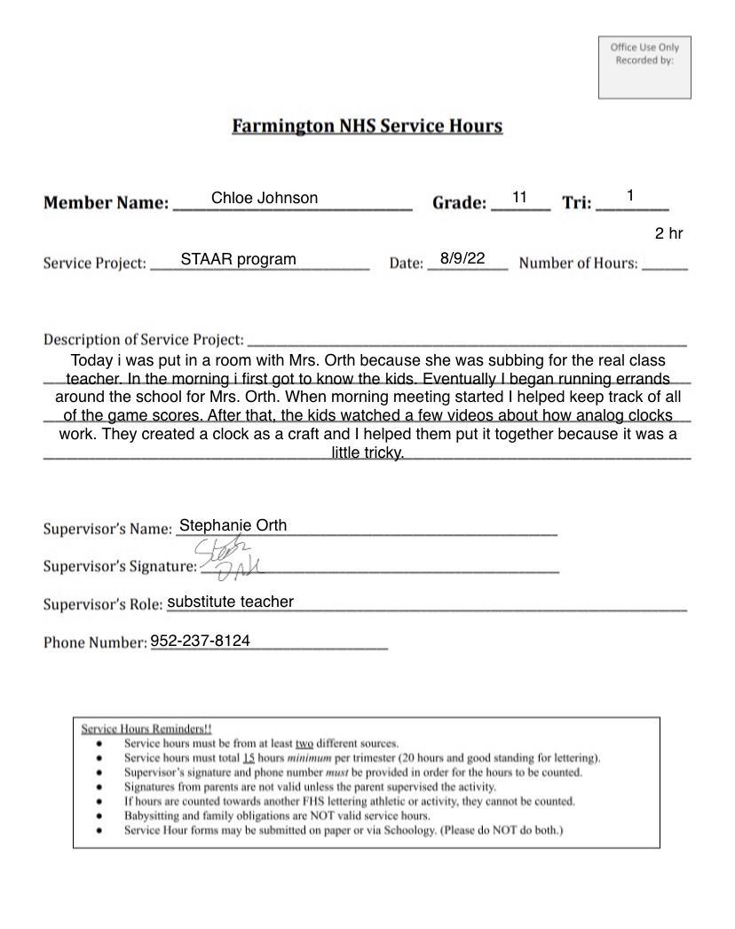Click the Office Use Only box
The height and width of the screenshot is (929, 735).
coord(644,67)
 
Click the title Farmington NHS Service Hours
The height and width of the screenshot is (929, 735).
coord(367,126)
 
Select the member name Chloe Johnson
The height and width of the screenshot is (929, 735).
coord(265,198)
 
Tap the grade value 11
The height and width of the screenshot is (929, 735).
coord(520,197)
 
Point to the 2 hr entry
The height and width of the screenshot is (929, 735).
coord(668,233)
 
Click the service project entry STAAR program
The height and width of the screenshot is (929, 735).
coord(238,259)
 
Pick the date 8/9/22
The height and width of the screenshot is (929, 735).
coord(462,258)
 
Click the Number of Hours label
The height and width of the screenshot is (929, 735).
coord(578,264)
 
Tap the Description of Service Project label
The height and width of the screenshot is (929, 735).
coord(143,340)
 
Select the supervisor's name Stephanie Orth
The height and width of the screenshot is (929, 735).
coord(233,525)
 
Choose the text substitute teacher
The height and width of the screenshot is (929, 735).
coord(230,602)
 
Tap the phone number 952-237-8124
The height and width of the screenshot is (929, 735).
coord(200,641)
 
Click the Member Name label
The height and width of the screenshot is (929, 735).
coord(106,203)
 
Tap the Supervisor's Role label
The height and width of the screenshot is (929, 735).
coord(102,605)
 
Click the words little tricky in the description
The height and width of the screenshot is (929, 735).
coord(367,453)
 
